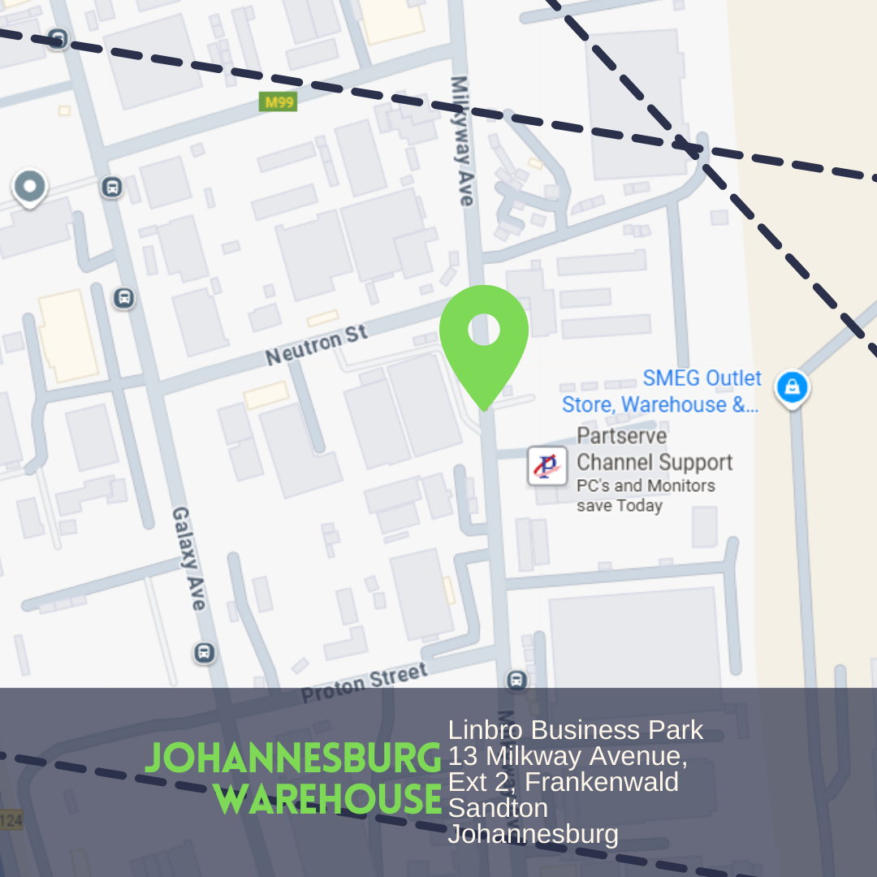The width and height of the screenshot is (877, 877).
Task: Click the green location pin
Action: click(x=484, y=337)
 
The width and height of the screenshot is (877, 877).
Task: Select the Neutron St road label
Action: click(x=317, y=346)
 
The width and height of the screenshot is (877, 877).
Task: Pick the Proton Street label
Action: click(x=364, y=684)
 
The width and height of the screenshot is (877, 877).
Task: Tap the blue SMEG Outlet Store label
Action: click(x=662, y=391)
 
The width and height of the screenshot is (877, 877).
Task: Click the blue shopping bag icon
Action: click(x=792, y=387)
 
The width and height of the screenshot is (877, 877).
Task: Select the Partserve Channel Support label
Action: click(x=654, y=449)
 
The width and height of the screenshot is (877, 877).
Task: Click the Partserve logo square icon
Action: click(x=547, y=466)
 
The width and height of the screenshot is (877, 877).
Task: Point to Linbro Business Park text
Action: click(x=576, y=730)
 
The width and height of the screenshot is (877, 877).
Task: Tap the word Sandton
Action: click(x=486, y=808)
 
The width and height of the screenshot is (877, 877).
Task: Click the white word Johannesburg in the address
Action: click(x=533, y=834)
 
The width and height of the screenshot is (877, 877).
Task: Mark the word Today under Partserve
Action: click(x=640, y=506)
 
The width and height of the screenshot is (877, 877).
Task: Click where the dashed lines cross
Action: click(x=690, y=148)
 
